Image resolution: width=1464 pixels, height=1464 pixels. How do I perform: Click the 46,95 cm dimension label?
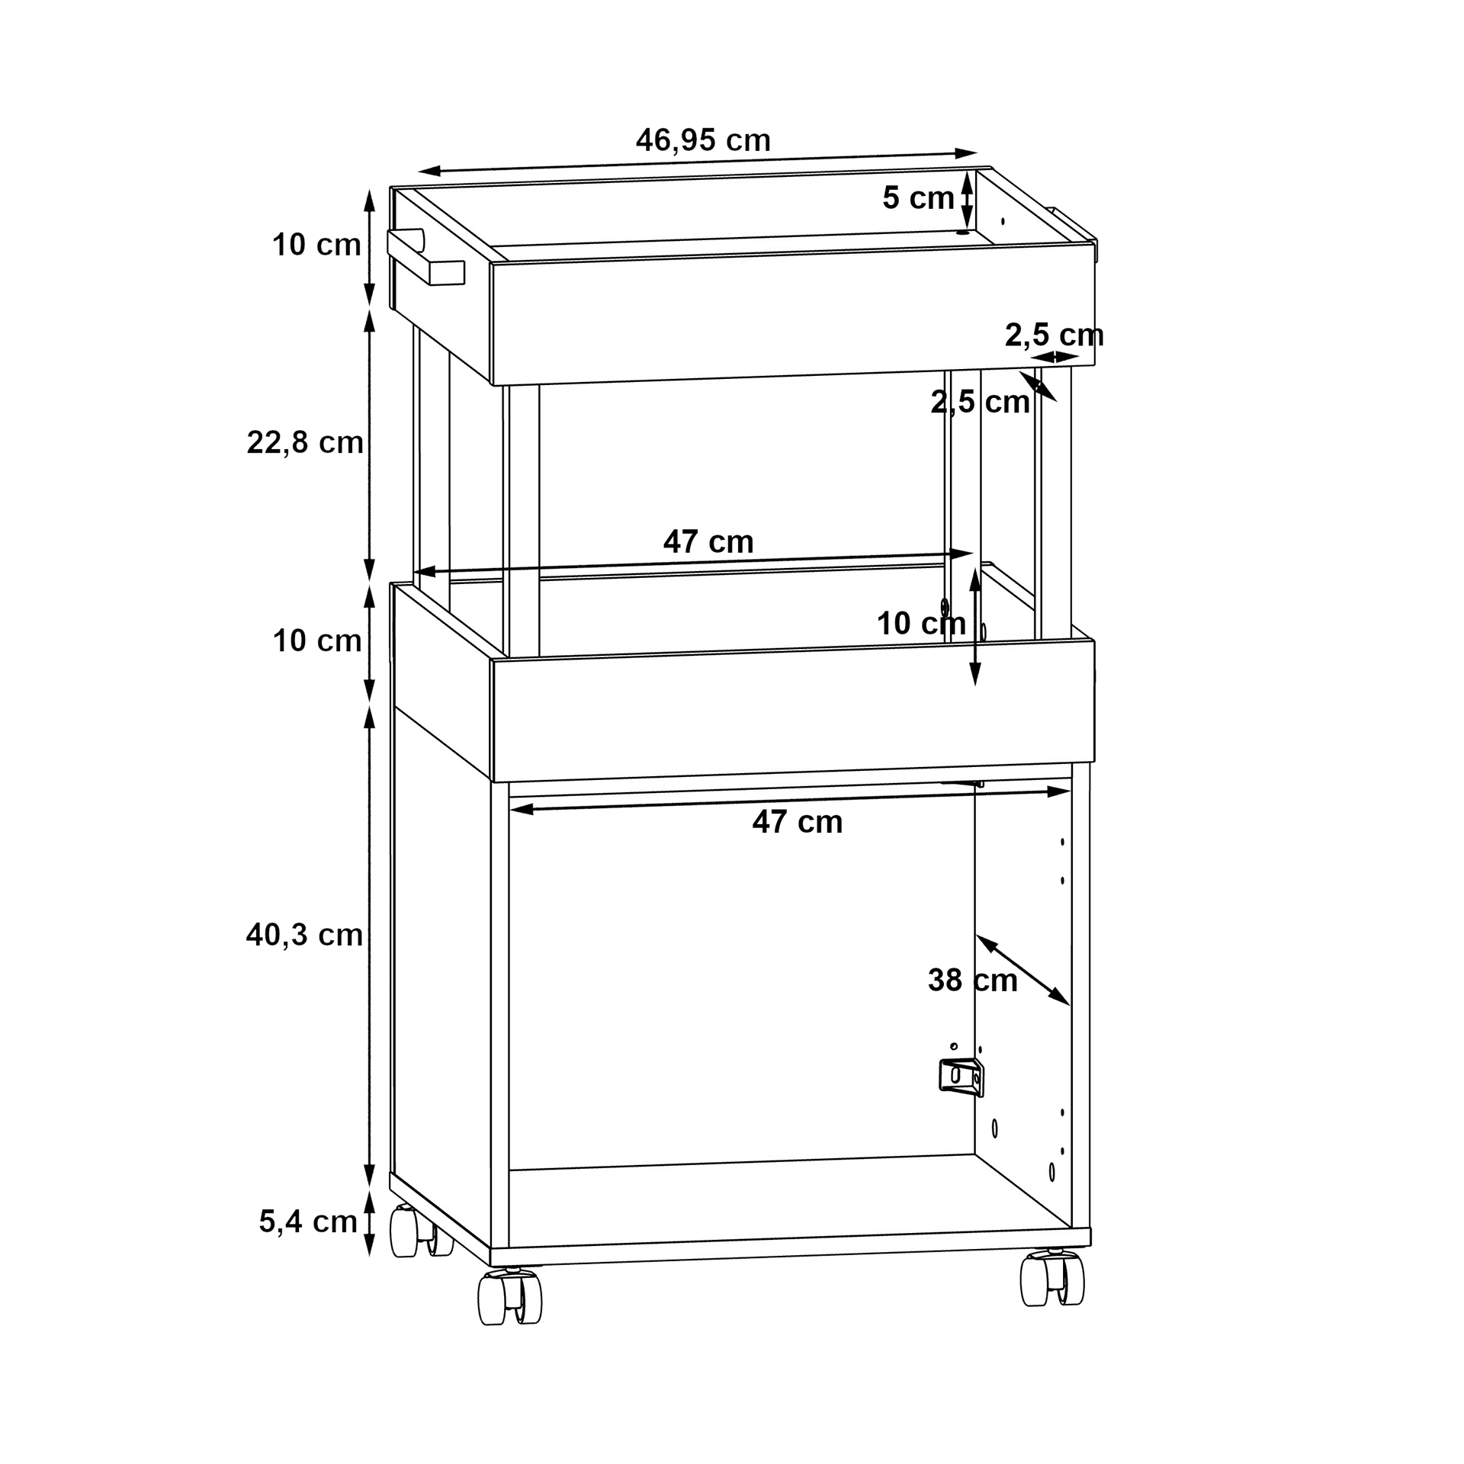point(703,140)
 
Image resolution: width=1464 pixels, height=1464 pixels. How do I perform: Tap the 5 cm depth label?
point(918,198)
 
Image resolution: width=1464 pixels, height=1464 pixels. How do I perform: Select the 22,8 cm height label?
point(305,442)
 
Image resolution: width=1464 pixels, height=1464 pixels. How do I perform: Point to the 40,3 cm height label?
point(304,935)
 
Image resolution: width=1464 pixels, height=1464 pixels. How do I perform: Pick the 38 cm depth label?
point(972,981)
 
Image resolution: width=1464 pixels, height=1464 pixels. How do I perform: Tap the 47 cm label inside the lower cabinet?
point(798,822)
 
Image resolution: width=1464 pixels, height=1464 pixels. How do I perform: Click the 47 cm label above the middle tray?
point(708,542)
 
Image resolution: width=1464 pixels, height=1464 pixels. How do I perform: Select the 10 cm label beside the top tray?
point(316,245)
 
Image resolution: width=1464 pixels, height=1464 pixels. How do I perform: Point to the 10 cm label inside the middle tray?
point(921,624)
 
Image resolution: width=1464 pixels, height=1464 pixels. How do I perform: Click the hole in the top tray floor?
point(963,232)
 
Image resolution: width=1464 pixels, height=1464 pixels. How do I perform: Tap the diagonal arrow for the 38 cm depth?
point(1023,970)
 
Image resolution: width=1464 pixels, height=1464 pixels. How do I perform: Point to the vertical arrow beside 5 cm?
point(966,200)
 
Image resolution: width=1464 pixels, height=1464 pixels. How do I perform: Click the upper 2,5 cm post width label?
point(1055,335)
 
